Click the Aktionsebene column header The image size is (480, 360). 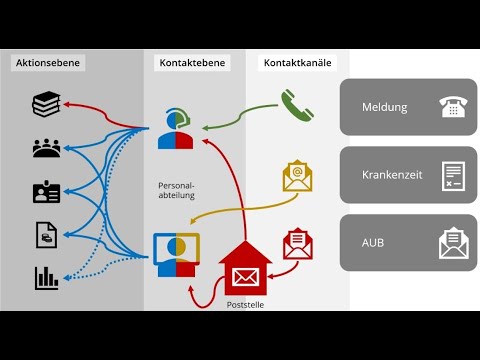point(47,63)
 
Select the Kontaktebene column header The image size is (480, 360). point(193,63)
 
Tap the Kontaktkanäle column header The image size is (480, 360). point(297,63)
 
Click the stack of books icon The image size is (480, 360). point(47,104)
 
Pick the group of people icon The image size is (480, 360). point(47,148)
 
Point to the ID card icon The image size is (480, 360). point(47,191)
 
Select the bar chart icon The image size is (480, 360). point(47,276)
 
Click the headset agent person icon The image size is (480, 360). point(175,129)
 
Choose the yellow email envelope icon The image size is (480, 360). point(297,176)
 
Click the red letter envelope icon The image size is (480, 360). point(298,243)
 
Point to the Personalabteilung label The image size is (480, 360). point(176,190)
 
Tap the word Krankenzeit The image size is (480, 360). point(391,174)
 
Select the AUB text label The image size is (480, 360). point(374,242)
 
